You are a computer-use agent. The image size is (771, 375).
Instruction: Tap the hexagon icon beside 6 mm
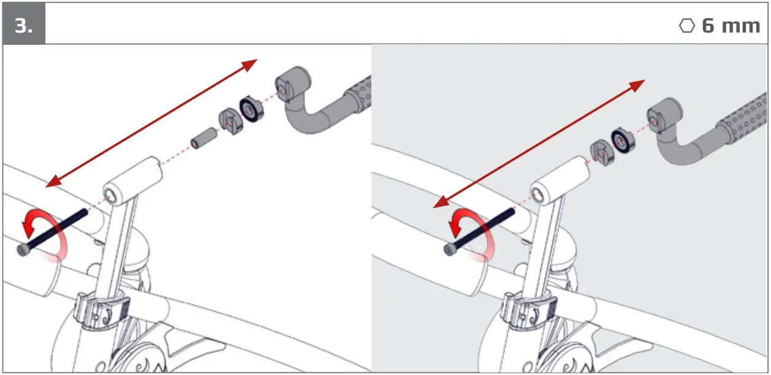pos(687,26)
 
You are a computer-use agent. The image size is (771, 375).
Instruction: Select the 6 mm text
pos(730,26)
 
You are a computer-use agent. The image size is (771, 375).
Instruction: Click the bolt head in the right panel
pos(449,249)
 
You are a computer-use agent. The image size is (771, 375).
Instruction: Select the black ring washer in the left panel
pos(250,108)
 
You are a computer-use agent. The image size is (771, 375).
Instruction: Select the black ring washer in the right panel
pos(622,141)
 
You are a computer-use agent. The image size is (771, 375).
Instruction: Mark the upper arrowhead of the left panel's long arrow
pos(250,63)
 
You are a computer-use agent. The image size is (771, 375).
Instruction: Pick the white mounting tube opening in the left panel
pos(111,196)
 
